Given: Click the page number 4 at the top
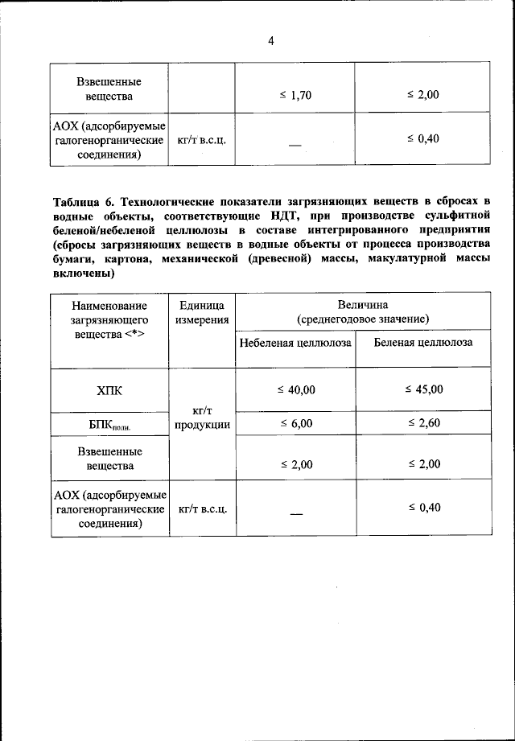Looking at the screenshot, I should [271, 42].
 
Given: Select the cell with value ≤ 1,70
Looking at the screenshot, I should [295, 96].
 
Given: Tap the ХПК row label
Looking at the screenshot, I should [109, 390].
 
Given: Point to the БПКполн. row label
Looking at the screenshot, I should [109, 424].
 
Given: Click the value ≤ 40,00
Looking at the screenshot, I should [296, 390].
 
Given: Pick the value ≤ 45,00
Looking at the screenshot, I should [423, 389].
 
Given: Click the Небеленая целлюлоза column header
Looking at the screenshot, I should [295, 343].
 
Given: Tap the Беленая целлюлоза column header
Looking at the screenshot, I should [423, 343].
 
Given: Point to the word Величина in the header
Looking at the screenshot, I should [363, 305].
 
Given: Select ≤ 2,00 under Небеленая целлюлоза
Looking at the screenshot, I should [296, 465].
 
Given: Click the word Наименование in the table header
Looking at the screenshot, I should [109, 306].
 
